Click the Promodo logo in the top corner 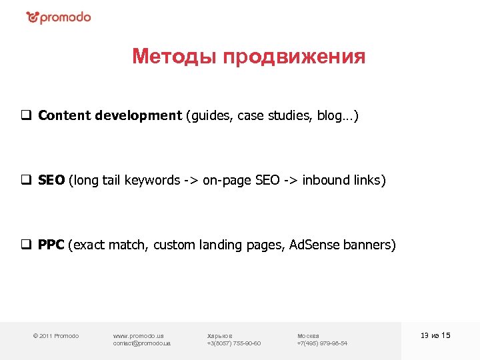pos(58,17)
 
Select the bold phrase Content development pos(110,115)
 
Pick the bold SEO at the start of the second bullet pos(51,180)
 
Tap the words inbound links pos(343,180)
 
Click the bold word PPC pos(51,245)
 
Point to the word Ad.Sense pos(314,245)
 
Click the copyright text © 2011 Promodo pos(56,335)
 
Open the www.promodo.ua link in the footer pos(139,335)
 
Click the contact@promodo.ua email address pos(142,343)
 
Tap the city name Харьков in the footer pos(220,335)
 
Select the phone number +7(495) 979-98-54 pos(322,343)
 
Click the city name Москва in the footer pos(308,335)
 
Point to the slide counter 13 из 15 pos(436,335)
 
